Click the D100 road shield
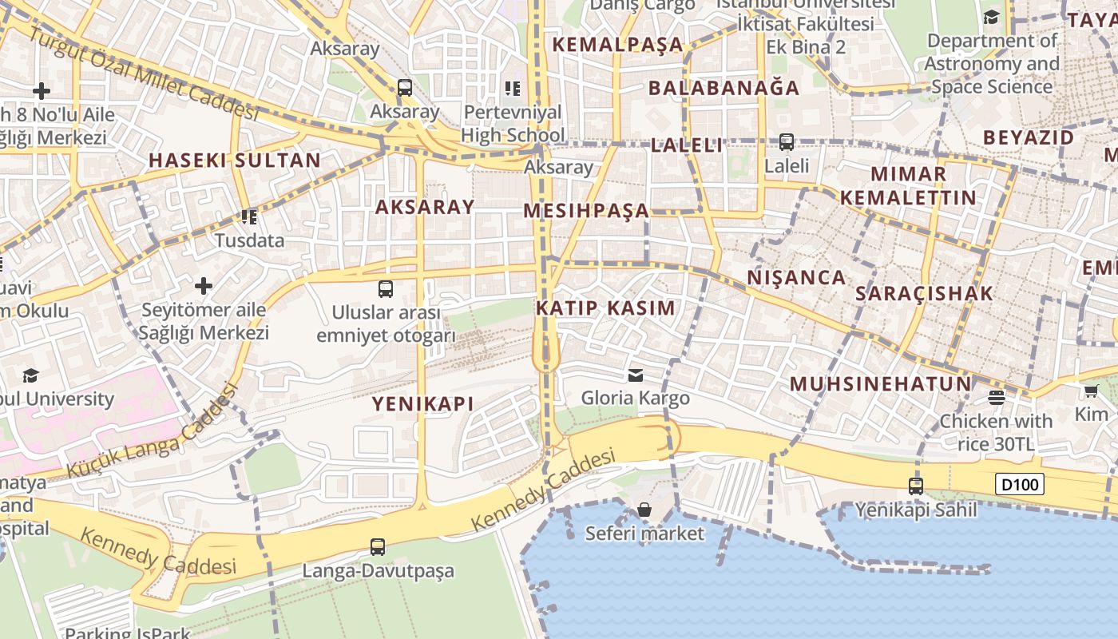(1020, 484)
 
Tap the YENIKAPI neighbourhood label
(422, 403)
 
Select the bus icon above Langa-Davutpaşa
(378, 547)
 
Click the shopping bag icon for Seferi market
(644, 510)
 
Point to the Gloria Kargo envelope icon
(636, 375)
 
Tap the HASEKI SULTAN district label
(235, 160)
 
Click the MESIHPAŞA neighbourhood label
(586, 211)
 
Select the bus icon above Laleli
(787, 142)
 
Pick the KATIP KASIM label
(605, 308)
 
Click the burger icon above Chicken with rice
(997, 397)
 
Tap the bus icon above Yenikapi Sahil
(916, 485)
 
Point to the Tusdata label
(250, 240)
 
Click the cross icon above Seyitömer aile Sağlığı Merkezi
(204, 285)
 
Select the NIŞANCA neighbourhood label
(796, 277)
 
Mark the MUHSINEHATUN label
(881, 383)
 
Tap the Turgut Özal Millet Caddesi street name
(144, 72)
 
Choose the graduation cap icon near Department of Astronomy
(991, 17)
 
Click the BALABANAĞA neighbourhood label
(724, 88)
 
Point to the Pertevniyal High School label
(513, 123)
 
